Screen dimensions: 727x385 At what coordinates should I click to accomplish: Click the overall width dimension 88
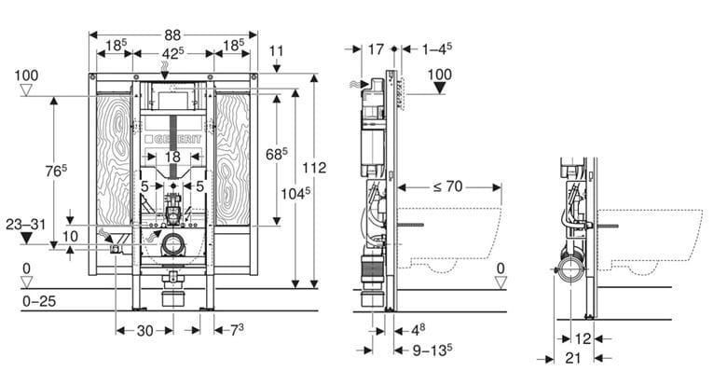[172, 35]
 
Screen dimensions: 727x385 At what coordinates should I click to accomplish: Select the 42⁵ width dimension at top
[173, 53]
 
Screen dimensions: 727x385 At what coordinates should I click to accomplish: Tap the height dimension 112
[314, 168]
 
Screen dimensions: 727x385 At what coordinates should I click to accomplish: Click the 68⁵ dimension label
[276, 154]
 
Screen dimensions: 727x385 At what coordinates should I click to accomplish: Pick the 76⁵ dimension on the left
[56, 171]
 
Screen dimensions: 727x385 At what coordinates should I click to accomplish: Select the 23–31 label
[26, 225]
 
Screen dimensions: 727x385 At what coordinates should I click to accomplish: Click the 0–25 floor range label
[39, 301]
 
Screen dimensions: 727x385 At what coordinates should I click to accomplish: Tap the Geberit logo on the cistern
[172, 139]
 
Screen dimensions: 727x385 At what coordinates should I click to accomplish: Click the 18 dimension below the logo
[172, 157]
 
